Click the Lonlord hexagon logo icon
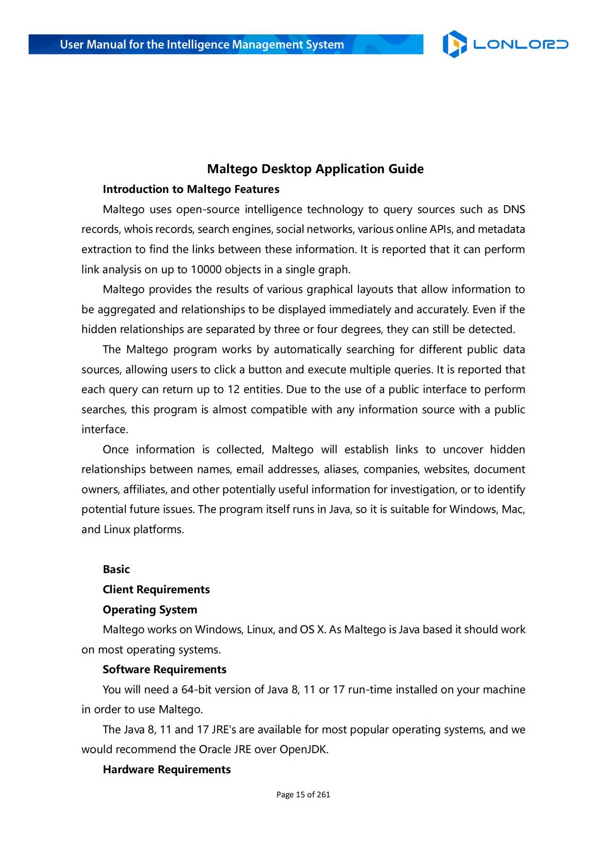pos(454,44)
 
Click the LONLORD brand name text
pos(520,45)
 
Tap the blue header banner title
pos(202,45)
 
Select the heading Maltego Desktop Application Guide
pos(315,169)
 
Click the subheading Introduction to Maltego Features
pos(191,189)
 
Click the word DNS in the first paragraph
pos(514,210)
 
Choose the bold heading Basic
pos(116,569)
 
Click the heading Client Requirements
pos(156,589)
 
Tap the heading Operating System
pos(150,609)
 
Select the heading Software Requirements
pos(164,669)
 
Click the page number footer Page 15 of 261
pos(303,794)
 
